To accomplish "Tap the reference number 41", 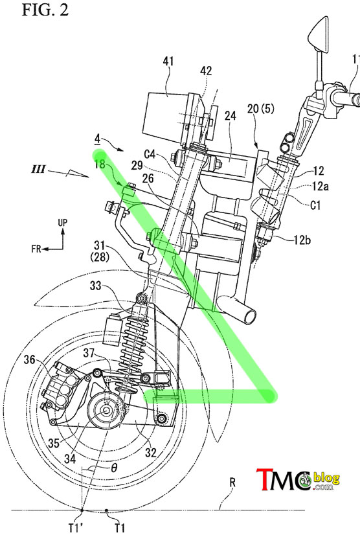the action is (x=168, y=62).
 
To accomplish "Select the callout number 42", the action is (x=206, y=71).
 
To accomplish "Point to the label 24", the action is (x=231, y=116).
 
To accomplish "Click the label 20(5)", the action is (x=261, y=109).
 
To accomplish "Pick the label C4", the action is (x=150, y=154).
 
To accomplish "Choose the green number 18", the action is (x=100, y=164).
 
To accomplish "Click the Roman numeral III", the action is (x=39, y=169).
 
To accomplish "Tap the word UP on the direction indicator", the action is (x=62, y=222).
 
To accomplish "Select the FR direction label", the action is (x=36, y=249).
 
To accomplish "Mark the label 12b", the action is (x=302, y=240).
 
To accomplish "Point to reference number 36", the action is (x=30, y=359).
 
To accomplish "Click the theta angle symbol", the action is (x=115, y=467).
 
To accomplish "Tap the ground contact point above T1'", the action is (x=82, y=510).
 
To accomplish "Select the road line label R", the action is (x=232, y=482).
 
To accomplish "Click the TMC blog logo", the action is (x=298, y=479).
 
